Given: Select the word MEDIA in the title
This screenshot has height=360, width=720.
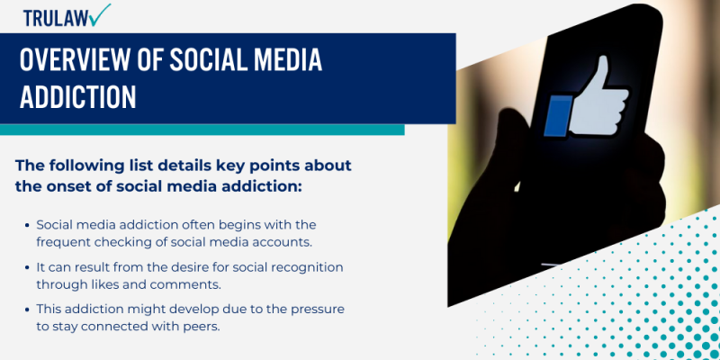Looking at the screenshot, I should pos(280,61).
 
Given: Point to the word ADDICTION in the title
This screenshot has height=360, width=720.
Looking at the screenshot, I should pos(78,97).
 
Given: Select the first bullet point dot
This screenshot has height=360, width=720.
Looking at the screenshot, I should pos(27,224).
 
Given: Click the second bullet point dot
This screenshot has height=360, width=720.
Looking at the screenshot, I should pos(27,268).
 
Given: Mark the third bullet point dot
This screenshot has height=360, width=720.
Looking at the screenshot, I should pos(27,310).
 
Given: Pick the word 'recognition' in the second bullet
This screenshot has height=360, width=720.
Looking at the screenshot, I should pos(305,268).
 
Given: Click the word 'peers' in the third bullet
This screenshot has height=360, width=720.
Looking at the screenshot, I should pos(201,325).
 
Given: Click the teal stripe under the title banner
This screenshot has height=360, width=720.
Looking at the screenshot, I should pos(202,130).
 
